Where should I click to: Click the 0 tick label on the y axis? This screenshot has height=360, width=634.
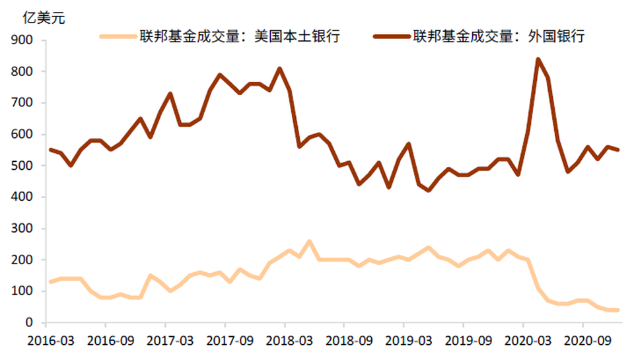coord(30,322)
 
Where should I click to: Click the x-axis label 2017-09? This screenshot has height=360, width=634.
coord(225,342)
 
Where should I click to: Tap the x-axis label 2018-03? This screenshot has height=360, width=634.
coord(285,342)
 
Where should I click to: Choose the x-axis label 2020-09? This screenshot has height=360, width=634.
coord(582,342)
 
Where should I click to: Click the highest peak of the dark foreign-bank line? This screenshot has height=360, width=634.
coord(538,59)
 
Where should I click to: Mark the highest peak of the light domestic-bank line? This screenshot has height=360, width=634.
coord(309,242)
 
